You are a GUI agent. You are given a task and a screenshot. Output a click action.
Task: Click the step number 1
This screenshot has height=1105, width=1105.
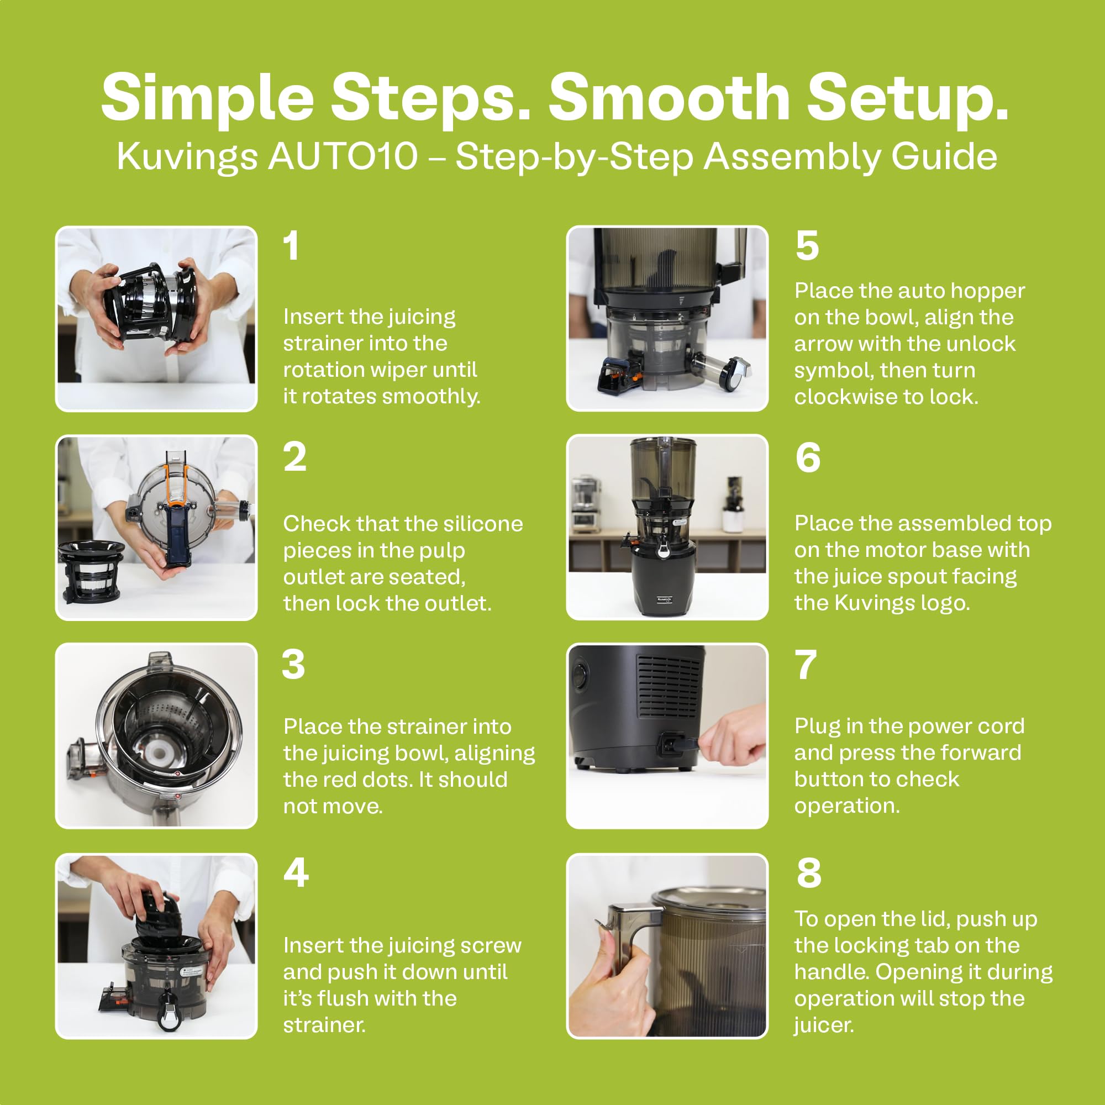[x=292, y=246]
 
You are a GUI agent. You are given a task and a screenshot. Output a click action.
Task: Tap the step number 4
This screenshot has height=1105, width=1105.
[x=296, y=873]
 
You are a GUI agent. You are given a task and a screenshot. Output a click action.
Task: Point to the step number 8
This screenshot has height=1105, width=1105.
[x=808, y=873]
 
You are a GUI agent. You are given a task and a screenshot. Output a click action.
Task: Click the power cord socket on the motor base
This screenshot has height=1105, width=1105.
[x=670, y=744]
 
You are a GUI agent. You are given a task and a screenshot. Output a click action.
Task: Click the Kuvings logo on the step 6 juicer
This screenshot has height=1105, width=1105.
[x=665, y=599]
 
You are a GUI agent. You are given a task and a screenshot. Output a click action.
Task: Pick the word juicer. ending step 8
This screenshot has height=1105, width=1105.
[x=824, y=1025]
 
